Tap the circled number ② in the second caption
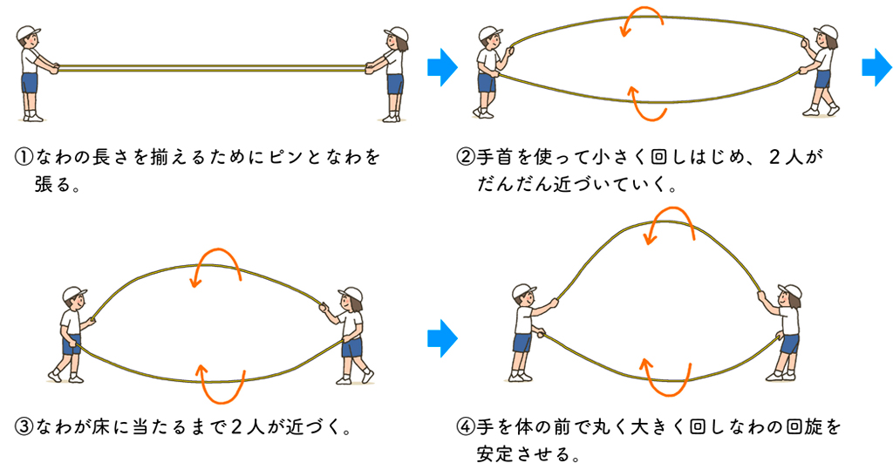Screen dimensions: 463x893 click(x=466, y=158)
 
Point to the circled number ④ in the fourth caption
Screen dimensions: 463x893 click(x=466, y=427)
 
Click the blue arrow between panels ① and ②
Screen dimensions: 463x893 click(x=443, y=68)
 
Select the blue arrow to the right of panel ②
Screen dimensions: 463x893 click(x=878, y=68)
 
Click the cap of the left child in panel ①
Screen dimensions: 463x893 click(x=28, y=34)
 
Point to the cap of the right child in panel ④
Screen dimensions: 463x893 click(x=789, y=293)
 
